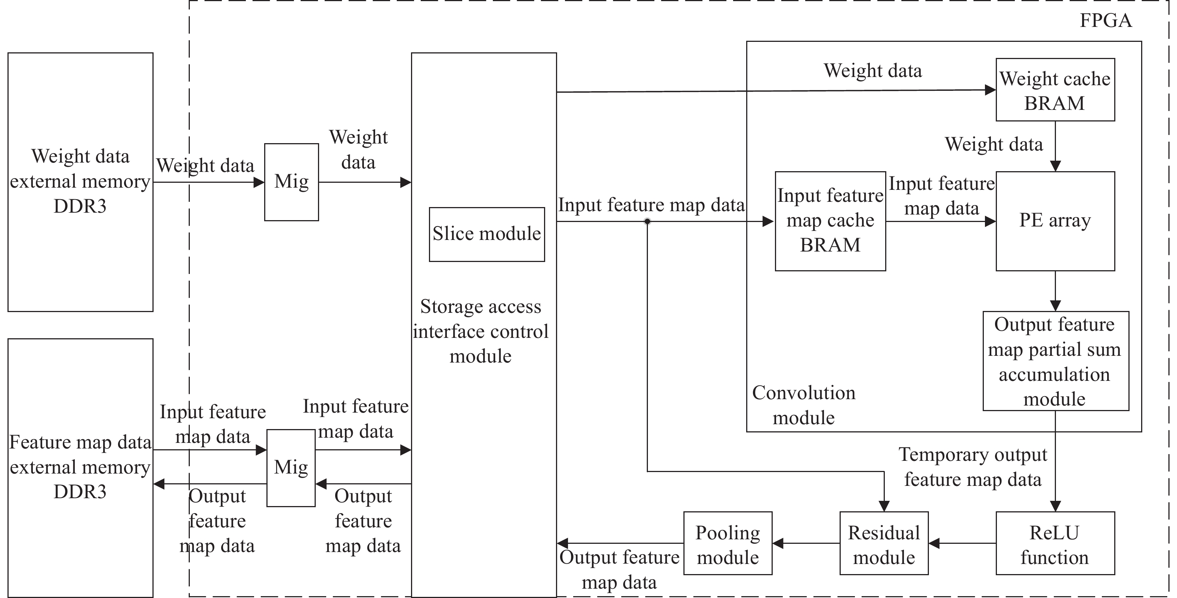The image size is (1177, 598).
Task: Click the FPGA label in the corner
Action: point(1105,21)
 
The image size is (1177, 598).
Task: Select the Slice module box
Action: point(486,234)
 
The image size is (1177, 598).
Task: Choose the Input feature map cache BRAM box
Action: point(830,221)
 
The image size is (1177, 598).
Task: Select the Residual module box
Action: point(884,543)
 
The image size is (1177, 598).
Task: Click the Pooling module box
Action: point(727,543)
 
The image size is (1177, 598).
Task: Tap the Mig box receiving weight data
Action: point(291,182)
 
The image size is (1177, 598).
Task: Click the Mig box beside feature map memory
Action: point(291,467)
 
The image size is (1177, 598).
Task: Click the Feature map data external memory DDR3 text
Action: point(80,467)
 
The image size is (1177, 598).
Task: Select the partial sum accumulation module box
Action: point(1056,361)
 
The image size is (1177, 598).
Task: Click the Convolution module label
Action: point(803,405)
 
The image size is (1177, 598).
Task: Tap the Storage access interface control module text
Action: point(480,331)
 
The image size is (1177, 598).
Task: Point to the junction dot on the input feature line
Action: point(647,221)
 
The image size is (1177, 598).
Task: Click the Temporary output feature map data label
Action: point(973,467)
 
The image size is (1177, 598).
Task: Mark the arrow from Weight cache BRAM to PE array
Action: point(1055,146)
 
